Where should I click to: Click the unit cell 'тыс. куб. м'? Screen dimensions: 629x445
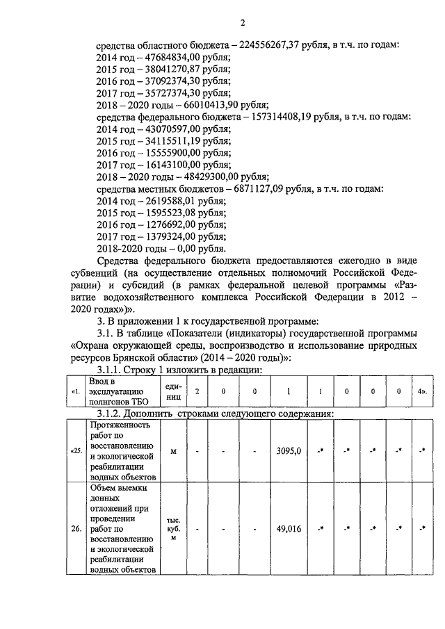click(x=173, y=528)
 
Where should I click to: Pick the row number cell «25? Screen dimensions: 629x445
click(x=76, y=451)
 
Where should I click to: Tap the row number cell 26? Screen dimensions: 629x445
click(x=76, y=528)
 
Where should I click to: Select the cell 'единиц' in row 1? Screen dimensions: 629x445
click(x=173, y=391)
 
